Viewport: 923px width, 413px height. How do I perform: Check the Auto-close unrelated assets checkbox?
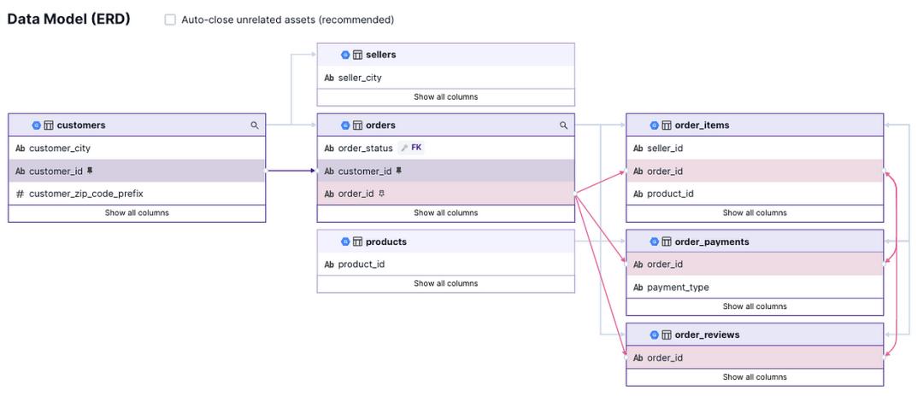point(170,20)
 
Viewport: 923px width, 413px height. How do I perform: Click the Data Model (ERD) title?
point(69,19)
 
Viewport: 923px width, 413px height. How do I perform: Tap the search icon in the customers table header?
point(255,125)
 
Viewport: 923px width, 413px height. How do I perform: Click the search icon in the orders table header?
point(563,125)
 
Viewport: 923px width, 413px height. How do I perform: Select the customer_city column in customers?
point(60,148)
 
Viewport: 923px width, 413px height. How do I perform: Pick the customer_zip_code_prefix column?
point(86,194)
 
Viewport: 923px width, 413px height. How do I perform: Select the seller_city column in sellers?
point(360,78)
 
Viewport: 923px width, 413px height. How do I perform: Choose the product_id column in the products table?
point(362,265)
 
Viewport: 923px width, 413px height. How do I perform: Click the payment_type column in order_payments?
point(678,288)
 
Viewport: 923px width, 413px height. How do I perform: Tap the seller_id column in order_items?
point(665,148)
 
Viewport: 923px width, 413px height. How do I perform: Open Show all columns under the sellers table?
point(445,97)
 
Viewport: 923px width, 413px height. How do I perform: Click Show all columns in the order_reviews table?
point(755,377)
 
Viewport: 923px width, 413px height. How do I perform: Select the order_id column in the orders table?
point(356,194)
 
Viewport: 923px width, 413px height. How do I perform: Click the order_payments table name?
point(712,241)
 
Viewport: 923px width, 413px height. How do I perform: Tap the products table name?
point(386,241)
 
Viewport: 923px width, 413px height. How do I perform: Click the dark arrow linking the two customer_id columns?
point(291,171)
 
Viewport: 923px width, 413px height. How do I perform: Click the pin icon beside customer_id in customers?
point(90,171)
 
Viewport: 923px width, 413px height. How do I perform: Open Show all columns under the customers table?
point(137,212)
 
